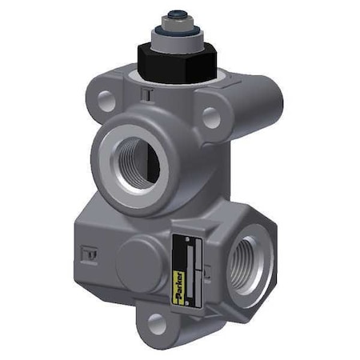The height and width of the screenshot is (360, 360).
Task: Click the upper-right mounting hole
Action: (x=210, y=118)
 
